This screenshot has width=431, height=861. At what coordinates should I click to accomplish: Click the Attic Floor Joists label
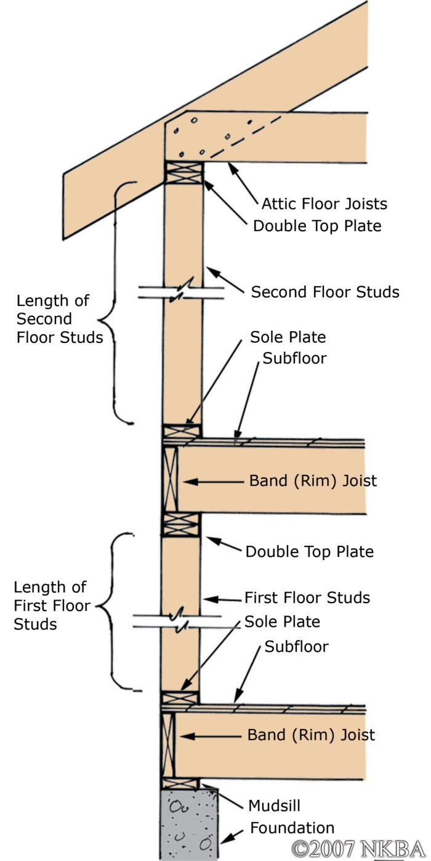pos(324,203)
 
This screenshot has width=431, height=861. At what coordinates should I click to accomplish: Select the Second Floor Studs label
pos(324,292)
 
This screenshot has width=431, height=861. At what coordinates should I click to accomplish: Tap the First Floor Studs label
pos(307,598)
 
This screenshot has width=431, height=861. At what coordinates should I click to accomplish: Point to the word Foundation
pos(291,828)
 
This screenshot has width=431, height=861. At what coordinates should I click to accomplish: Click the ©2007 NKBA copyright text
pos(358,848)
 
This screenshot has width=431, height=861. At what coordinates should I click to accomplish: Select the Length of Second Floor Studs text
pos(59,319)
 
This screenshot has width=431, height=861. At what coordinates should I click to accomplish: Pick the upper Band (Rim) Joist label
pos(313,480)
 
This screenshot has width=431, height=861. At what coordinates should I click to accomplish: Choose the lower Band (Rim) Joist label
pos(311,735)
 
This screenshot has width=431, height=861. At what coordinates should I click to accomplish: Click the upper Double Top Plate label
pos(317,226)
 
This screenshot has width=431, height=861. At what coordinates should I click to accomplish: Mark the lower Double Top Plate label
pos(309,551)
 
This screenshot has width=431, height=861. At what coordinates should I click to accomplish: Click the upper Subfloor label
pos(294,358)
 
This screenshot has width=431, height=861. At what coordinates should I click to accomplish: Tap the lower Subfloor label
pos(296,647)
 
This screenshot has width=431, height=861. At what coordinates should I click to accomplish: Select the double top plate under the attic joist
pos(183,173)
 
